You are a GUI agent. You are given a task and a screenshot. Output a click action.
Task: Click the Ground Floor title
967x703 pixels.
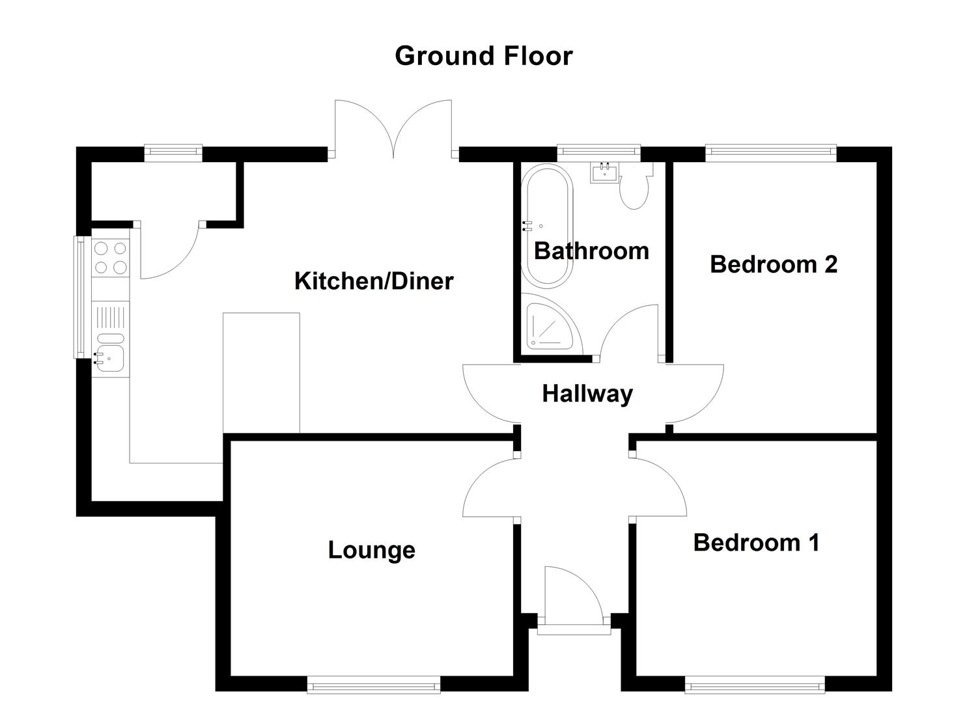point(483,56)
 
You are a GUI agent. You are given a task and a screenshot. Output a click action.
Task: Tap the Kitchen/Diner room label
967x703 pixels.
point(373,281)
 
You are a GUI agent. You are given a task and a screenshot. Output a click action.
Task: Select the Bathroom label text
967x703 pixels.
point(591,251)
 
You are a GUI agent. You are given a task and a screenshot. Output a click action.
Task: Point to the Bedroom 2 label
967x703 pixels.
point(773,264)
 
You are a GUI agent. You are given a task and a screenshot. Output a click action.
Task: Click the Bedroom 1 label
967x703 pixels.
point(755,542)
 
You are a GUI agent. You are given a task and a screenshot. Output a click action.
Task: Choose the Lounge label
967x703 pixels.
point(371,550)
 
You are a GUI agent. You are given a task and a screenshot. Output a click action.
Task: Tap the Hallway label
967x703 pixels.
point(587,394)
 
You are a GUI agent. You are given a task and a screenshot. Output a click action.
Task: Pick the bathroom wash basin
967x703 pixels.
point(604,172)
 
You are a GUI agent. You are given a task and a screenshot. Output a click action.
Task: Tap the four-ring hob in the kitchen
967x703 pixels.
point(111,258)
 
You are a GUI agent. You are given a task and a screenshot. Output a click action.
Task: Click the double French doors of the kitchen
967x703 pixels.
point(393,130)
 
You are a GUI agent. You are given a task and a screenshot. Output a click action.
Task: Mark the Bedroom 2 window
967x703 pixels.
point(770,153)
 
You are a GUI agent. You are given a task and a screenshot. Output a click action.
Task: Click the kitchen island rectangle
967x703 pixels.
point(261,372)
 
